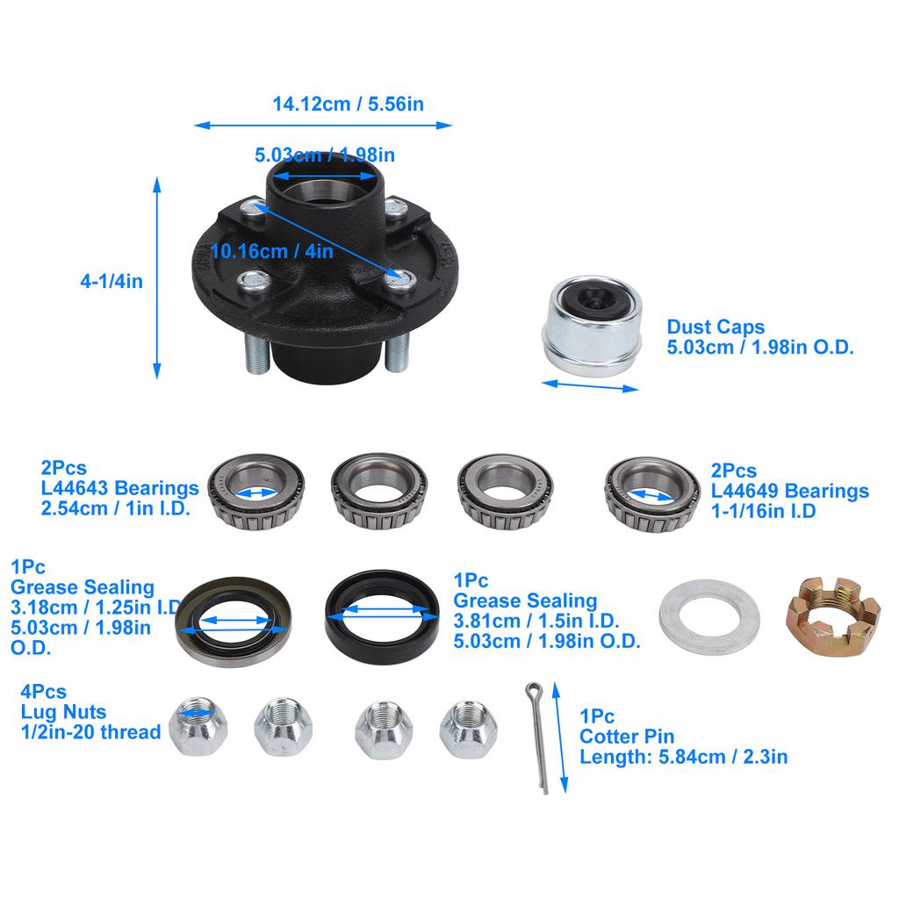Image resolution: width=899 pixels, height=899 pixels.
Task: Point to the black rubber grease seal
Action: [382, 613]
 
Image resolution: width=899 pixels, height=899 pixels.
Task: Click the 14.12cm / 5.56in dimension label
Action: [348, 104]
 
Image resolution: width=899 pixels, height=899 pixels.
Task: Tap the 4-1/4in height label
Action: [111, 282]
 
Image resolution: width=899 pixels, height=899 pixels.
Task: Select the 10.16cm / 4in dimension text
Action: [272, 251]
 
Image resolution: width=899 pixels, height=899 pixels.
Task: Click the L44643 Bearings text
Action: [119, 489]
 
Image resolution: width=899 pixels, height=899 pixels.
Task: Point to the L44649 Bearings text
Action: [790, 492]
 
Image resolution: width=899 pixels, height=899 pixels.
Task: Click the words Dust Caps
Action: [716, 327]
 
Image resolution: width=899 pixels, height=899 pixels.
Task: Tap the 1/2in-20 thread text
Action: [90, 732]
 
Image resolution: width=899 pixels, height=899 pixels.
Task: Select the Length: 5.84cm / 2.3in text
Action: [683, 757]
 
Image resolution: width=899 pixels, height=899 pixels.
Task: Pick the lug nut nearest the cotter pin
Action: [468, 726]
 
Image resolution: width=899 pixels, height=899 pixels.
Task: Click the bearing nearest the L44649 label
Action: [651, 495]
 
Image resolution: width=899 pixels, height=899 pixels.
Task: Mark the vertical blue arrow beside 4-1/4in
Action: [157, 277]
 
